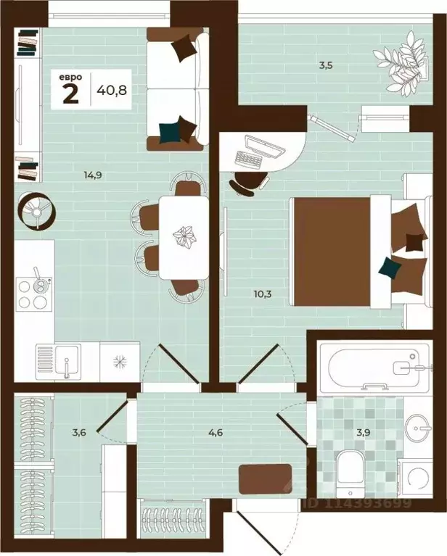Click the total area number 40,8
point(112,90)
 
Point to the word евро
point(70,77)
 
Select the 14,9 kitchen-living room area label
point(93,175)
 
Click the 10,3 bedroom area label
point(263,294)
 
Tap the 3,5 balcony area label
point(326,65)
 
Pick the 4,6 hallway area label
point(216,432)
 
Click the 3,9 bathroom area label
point(364,432)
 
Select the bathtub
point(375,367)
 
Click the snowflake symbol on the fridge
point(120,362)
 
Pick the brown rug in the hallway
point(265,478)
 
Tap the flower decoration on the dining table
point(184,236)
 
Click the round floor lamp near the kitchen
point(36,212)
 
